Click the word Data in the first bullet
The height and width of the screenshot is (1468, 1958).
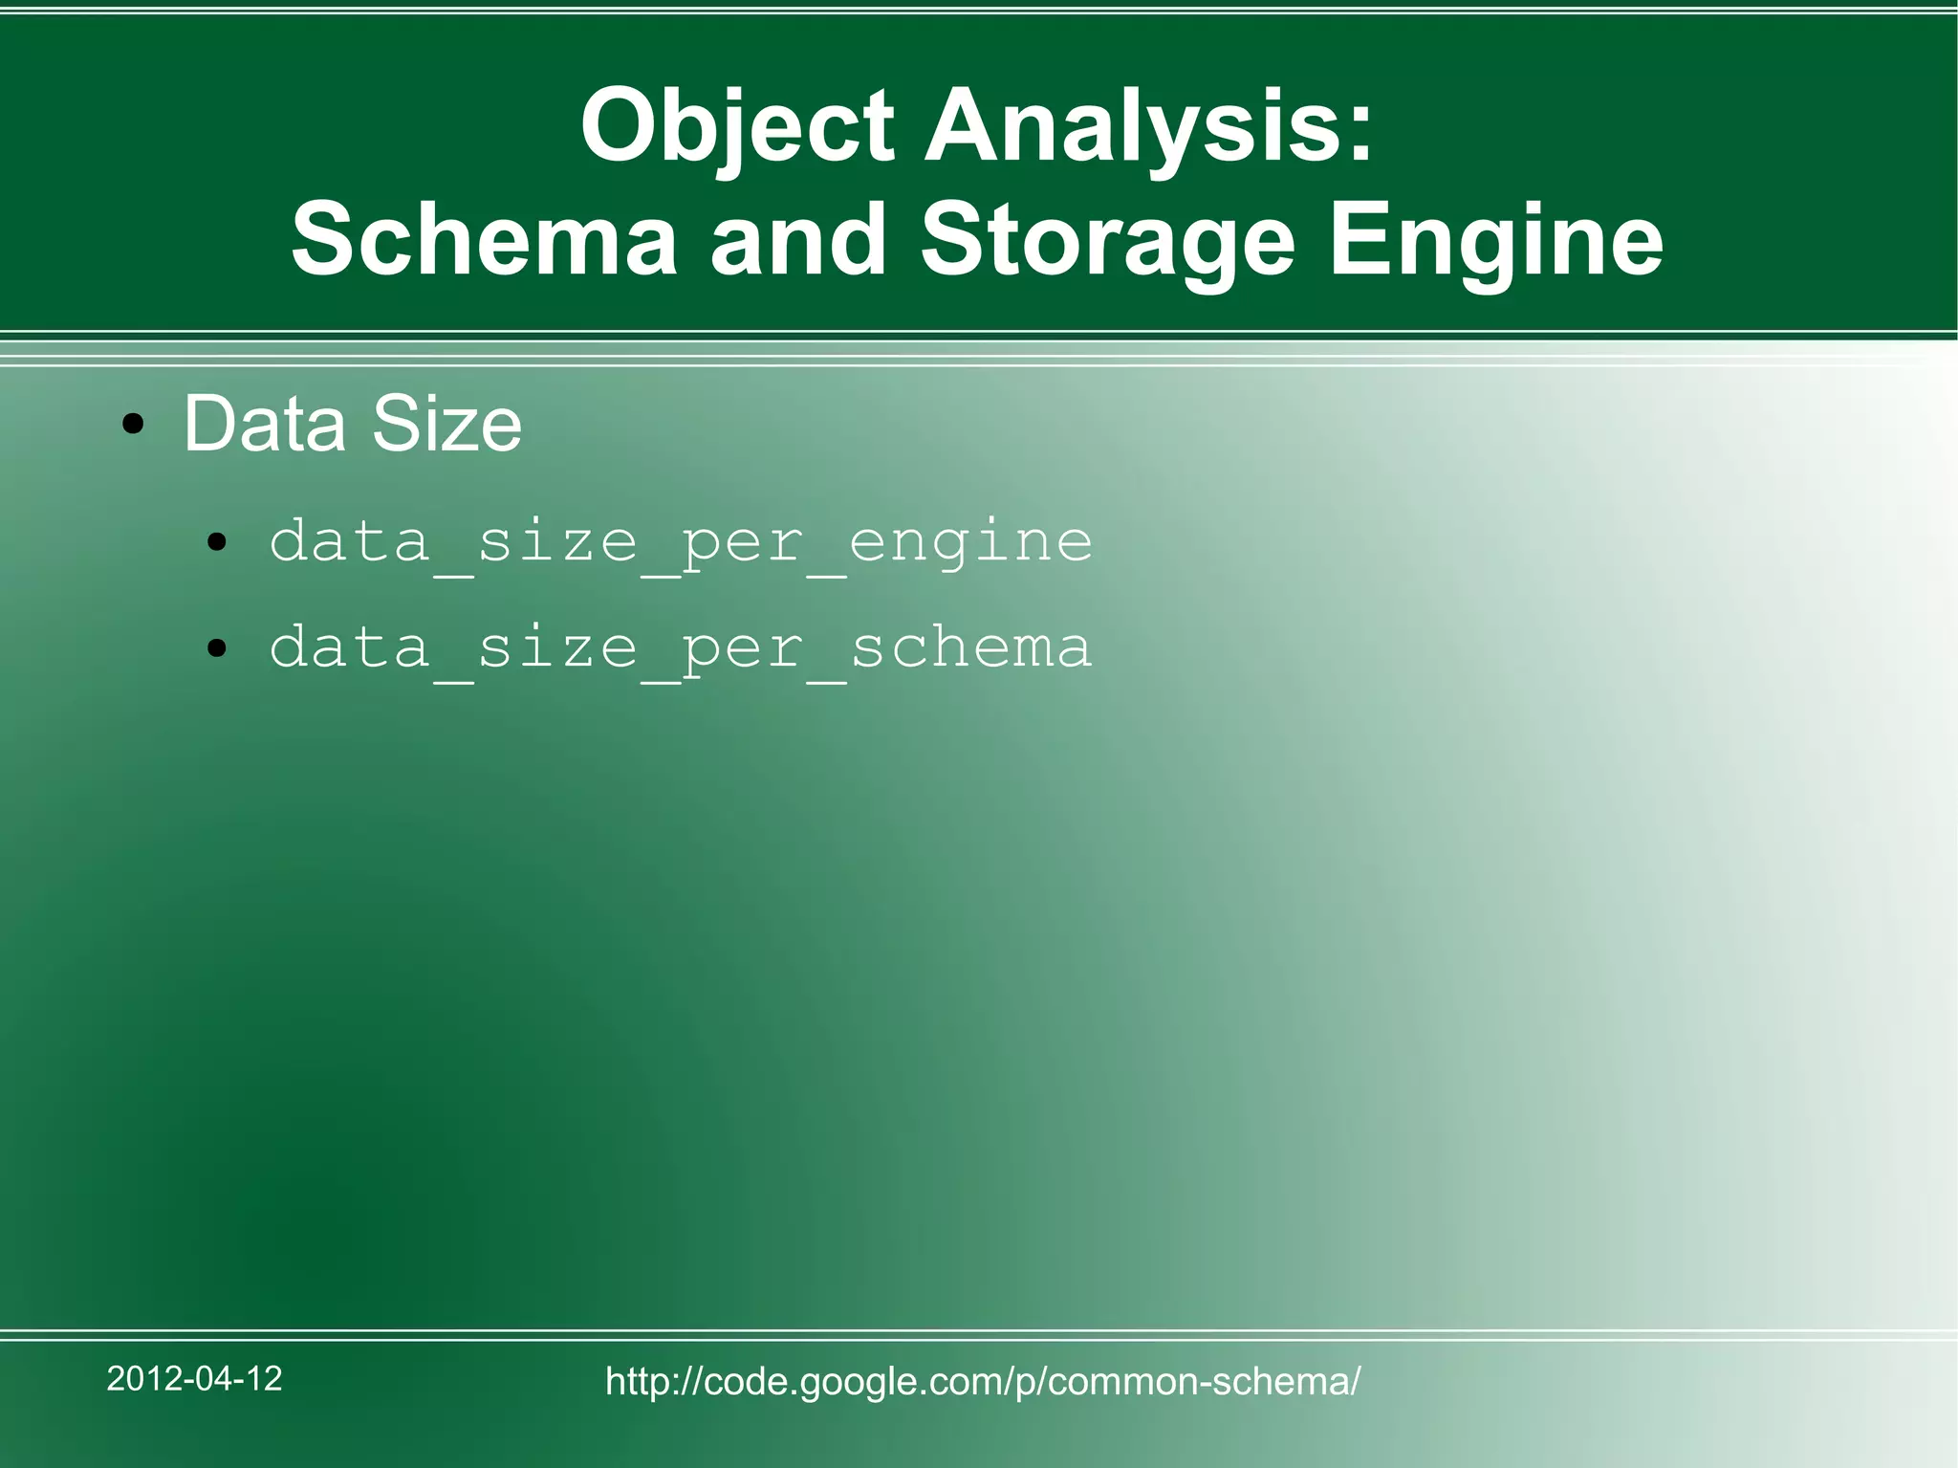(x=264, y=424)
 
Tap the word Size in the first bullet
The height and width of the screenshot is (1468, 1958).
(x=446, y=424)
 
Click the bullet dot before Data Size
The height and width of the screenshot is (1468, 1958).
(x=134, y=425)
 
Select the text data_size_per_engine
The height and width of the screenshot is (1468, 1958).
(x=681, y=543)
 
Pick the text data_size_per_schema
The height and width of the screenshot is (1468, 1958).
(x=681, y=648)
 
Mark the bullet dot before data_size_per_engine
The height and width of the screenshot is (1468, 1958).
(x=218, y=544)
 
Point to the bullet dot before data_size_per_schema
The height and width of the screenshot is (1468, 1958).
(x=218, y=649)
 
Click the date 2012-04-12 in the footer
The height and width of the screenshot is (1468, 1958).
(x=195, y=1378)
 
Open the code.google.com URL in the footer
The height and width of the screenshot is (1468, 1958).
(x=983, y=1381)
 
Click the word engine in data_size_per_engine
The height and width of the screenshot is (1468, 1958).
(x=970, y=543)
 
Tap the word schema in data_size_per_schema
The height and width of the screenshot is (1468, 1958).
(x=970, y=648)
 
